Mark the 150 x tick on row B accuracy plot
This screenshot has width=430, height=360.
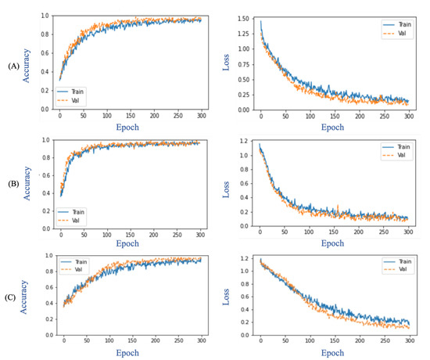tap(130, 235)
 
